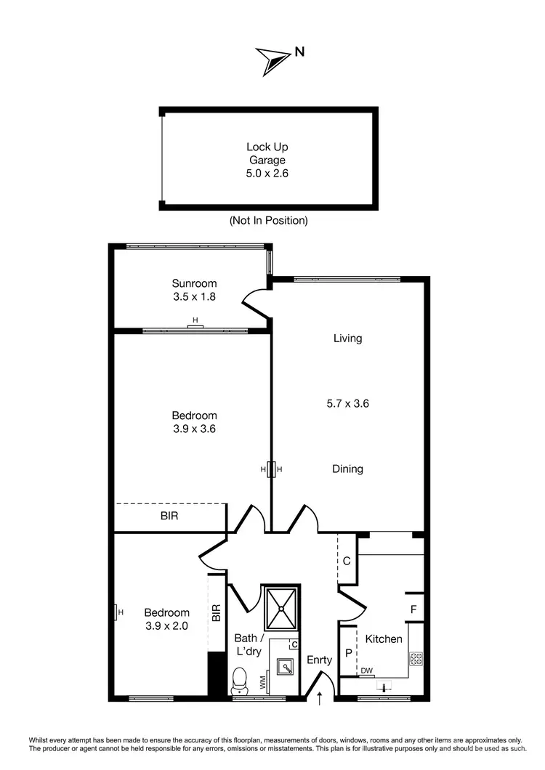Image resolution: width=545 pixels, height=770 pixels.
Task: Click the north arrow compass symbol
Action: [272, 61]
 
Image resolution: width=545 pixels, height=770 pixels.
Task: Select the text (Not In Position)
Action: [268, 220]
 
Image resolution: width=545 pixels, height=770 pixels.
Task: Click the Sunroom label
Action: [194, 283]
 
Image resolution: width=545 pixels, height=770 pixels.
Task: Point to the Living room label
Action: [347, 338]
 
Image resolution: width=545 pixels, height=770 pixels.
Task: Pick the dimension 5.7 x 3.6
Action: [347, 403]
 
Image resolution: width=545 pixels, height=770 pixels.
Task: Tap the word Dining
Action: [347, 469]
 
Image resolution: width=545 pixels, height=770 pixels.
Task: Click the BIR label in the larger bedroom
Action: [169, 517]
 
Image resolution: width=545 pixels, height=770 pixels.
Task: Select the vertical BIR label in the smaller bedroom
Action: [216, 613]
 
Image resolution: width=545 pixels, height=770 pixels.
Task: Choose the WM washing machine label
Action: [262, 683]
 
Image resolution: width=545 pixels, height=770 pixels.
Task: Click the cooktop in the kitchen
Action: [416, 659]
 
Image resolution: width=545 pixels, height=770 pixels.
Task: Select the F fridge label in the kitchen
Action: [413, 609]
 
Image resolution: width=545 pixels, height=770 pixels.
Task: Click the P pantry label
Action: [348, 653]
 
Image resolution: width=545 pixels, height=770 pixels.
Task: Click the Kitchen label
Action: [383, 639]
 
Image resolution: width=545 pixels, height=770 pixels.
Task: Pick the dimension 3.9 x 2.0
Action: [166, 625]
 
